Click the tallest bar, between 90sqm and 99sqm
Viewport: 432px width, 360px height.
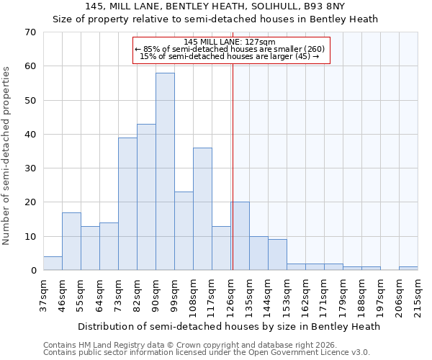(x=165, y=171)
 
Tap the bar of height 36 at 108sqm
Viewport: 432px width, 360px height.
(x=202, y=209)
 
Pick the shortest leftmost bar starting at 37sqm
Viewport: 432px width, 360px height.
(x=53, y=264)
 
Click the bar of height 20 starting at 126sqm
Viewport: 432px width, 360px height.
(x=240, y=236)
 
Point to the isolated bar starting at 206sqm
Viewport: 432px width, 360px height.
(x=408, y=269)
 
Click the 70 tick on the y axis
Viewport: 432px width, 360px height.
(x=30, y=32)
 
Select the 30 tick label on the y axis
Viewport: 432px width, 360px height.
(x=30, y=168)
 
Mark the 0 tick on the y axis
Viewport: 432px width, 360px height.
(x=32, y=271)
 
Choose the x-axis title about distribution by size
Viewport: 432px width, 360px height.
(x=228, y=326)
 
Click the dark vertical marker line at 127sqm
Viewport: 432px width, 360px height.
(x=233, y=180)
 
